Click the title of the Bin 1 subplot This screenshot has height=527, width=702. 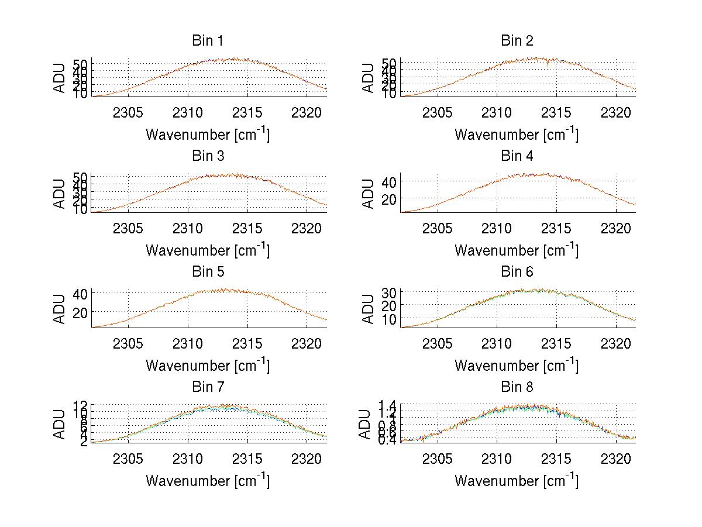(208, 41)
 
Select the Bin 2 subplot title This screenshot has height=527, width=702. (517, 41)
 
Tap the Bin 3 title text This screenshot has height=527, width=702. (208, 156)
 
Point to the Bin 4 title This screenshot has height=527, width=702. (517, 156)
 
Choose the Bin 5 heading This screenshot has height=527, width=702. (208, 272)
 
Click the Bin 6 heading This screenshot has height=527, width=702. (517, 272)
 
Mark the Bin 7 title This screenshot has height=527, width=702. (208, 387)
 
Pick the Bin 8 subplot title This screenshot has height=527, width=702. (517, 387)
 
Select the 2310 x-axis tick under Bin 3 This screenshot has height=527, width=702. (188, 228)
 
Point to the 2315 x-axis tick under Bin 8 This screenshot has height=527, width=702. (556, 459)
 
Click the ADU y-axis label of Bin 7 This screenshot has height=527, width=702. (60, 424)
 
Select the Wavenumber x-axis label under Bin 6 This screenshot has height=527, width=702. (517, 366)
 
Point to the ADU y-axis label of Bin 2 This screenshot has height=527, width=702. (369, 78)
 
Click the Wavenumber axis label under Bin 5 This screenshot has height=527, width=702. (208, 366)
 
